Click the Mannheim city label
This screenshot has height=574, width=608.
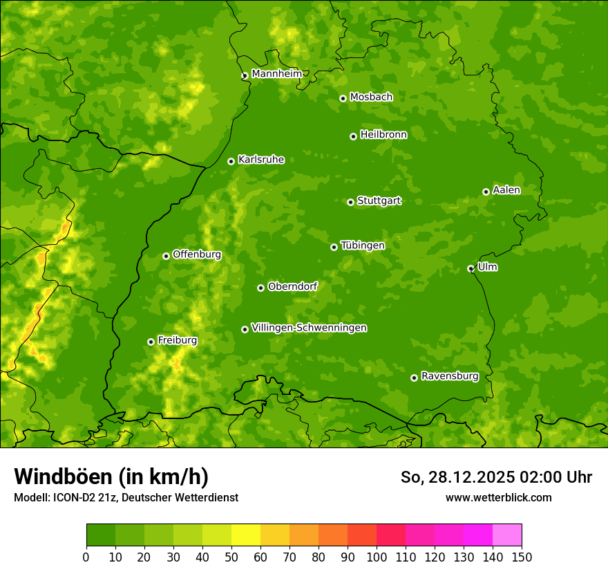click(276, 73)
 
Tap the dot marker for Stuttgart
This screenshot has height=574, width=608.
click(350, 202)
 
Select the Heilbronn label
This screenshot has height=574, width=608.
click(383, 134)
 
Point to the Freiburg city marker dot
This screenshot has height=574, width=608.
click(151, 342)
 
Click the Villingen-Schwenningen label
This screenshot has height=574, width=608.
click(309, 328)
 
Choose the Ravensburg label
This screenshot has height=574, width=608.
click(449, 376)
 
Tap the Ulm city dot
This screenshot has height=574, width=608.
click(471, 268)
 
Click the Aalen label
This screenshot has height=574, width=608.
click(506, 190)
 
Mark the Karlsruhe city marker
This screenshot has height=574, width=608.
click(231, 161)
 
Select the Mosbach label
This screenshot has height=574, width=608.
click(371, 97)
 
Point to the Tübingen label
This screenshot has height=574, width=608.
click(362, 246)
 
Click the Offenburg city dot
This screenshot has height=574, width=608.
click(166, 256)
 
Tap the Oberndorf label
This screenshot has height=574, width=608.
click(292, 286)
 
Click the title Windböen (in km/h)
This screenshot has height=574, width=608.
click(111, 476)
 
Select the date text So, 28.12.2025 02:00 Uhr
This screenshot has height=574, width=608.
click(496, 477)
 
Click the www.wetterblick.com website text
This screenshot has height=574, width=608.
click(498, 497)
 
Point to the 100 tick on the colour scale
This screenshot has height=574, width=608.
click(377, 557)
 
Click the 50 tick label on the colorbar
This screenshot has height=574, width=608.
click(231, 557)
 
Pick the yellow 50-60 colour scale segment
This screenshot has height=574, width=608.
click(246, 535)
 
